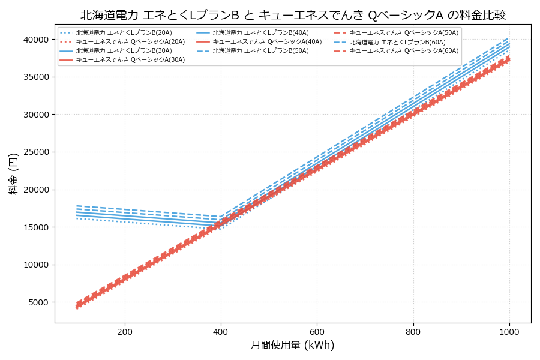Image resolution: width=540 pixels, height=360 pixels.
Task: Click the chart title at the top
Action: click(x=293, y=15)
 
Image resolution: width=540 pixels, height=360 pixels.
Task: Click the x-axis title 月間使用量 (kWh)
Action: click(x=292, y=345)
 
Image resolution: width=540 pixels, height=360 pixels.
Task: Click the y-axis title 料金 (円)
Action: click(x=13, y=173)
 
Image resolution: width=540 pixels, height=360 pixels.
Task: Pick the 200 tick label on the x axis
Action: click(x=125, y=331)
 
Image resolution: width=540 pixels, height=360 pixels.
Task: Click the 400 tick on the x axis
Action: click(x=221, y=331)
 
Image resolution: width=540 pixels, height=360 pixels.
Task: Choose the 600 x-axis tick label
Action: click(x=317, y=331)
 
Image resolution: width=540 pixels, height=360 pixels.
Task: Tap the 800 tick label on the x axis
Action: click(x=413, y=331)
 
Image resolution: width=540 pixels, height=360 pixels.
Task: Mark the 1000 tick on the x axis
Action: click(x=509, y=331)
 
